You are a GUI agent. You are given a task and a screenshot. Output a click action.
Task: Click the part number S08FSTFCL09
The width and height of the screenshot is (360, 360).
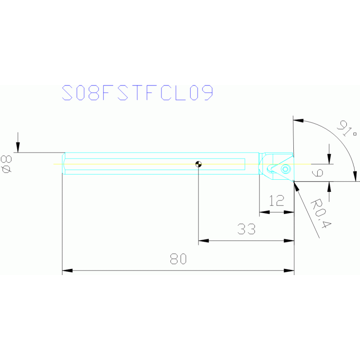138,93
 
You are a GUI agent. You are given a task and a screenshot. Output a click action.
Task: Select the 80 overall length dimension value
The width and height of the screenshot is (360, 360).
178,259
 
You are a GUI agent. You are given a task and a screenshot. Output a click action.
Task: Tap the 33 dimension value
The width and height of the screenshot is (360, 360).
246,229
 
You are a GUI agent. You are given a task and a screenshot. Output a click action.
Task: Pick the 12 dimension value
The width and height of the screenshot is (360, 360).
277,201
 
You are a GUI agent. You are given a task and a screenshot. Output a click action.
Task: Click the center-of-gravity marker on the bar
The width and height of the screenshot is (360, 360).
199,164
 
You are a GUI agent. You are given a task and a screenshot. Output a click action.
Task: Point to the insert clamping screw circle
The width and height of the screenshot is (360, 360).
285,169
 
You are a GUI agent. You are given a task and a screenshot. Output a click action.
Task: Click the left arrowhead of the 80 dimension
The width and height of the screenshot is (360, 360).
67,271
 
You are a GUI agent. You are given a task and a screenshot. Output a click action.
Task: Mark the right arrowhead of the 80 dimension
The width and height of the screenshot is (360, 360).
289,271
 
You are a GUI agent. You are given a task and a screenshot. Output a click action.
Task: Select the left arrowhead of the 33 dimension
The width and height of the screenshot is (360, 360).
203,241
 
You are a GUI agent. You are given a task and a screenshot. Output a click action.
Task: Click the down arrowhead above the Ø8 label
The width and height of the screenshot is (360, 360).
18,148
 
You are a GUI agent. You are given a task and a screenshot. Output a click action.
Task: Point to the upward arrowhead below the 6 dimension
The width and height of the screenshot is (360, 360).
329,186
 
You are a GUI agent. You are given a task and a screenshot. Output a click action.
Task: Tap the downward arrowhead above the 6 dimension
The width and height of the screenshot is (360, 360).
329,159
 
